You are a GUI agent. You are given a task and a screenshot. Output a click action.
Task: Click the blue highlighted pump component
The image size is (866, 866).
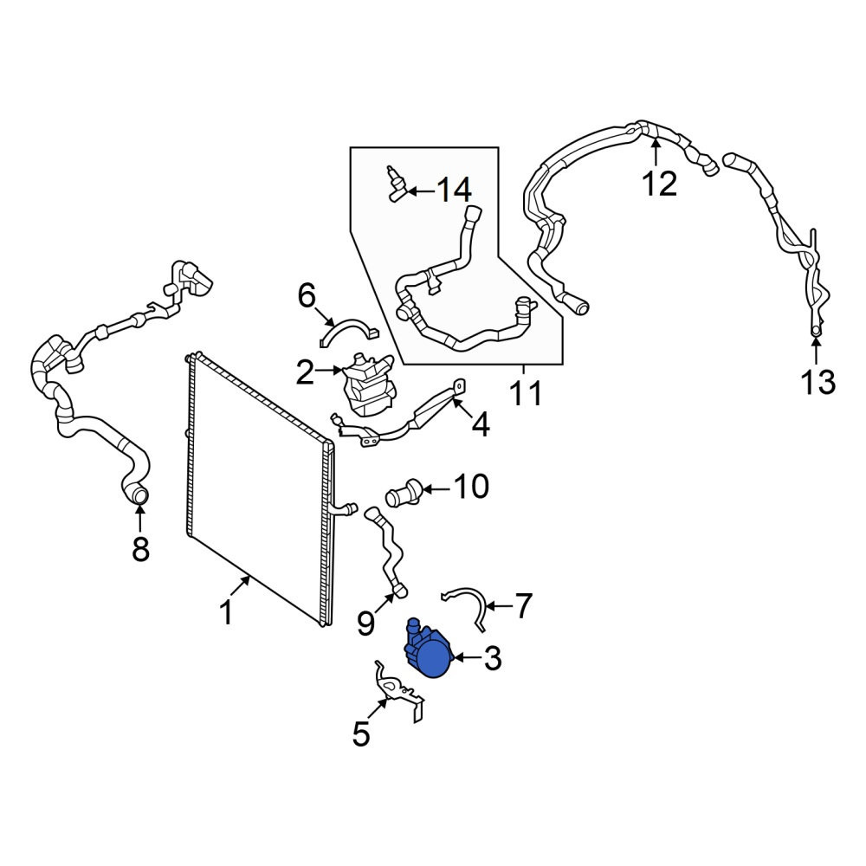(430, 649)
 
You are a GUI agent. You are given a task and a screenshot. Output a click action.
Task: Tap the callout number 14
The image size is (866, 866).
(454, 191)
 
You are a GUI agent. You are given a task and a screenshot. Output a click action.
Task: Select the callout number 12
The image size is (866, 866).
(659, 184)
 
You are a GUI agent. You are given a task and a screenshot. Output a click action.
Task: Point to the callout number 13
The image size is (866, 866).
(818, 382)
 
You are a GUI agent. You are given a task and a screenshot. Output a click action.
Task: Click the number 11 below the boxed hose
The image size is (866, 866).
(526, 394)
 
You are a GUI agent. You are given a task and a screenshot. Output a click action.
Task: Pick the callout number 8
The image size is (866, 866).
(141, 549)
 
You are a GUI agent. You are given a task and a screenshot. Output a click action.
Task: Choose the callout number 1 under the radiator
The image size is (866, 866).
(226, 613)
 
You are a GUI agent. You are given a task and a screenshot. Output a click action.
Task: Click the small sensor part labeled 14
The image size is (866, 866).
(395, 184)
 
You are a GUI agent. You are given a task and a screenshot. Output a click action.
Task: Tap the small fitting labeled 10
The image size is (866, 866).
(404, 490)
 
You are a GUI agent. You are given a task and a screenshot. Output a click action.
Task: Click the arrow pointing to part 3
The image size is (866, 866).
(467, 658)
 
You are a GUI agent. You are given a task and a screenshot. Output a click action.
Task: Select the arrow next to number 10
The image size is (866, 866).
(436, 488)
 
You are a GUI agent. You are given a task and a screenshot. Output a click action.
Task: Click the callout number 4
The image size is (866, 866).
(481, 425)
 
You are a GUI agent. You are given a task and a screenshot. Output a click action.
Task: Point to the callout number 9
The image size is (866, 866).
(365, 623)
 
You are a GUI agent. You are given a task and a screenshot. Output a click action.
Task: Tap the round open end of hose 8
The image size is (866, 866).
(139, 495)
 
